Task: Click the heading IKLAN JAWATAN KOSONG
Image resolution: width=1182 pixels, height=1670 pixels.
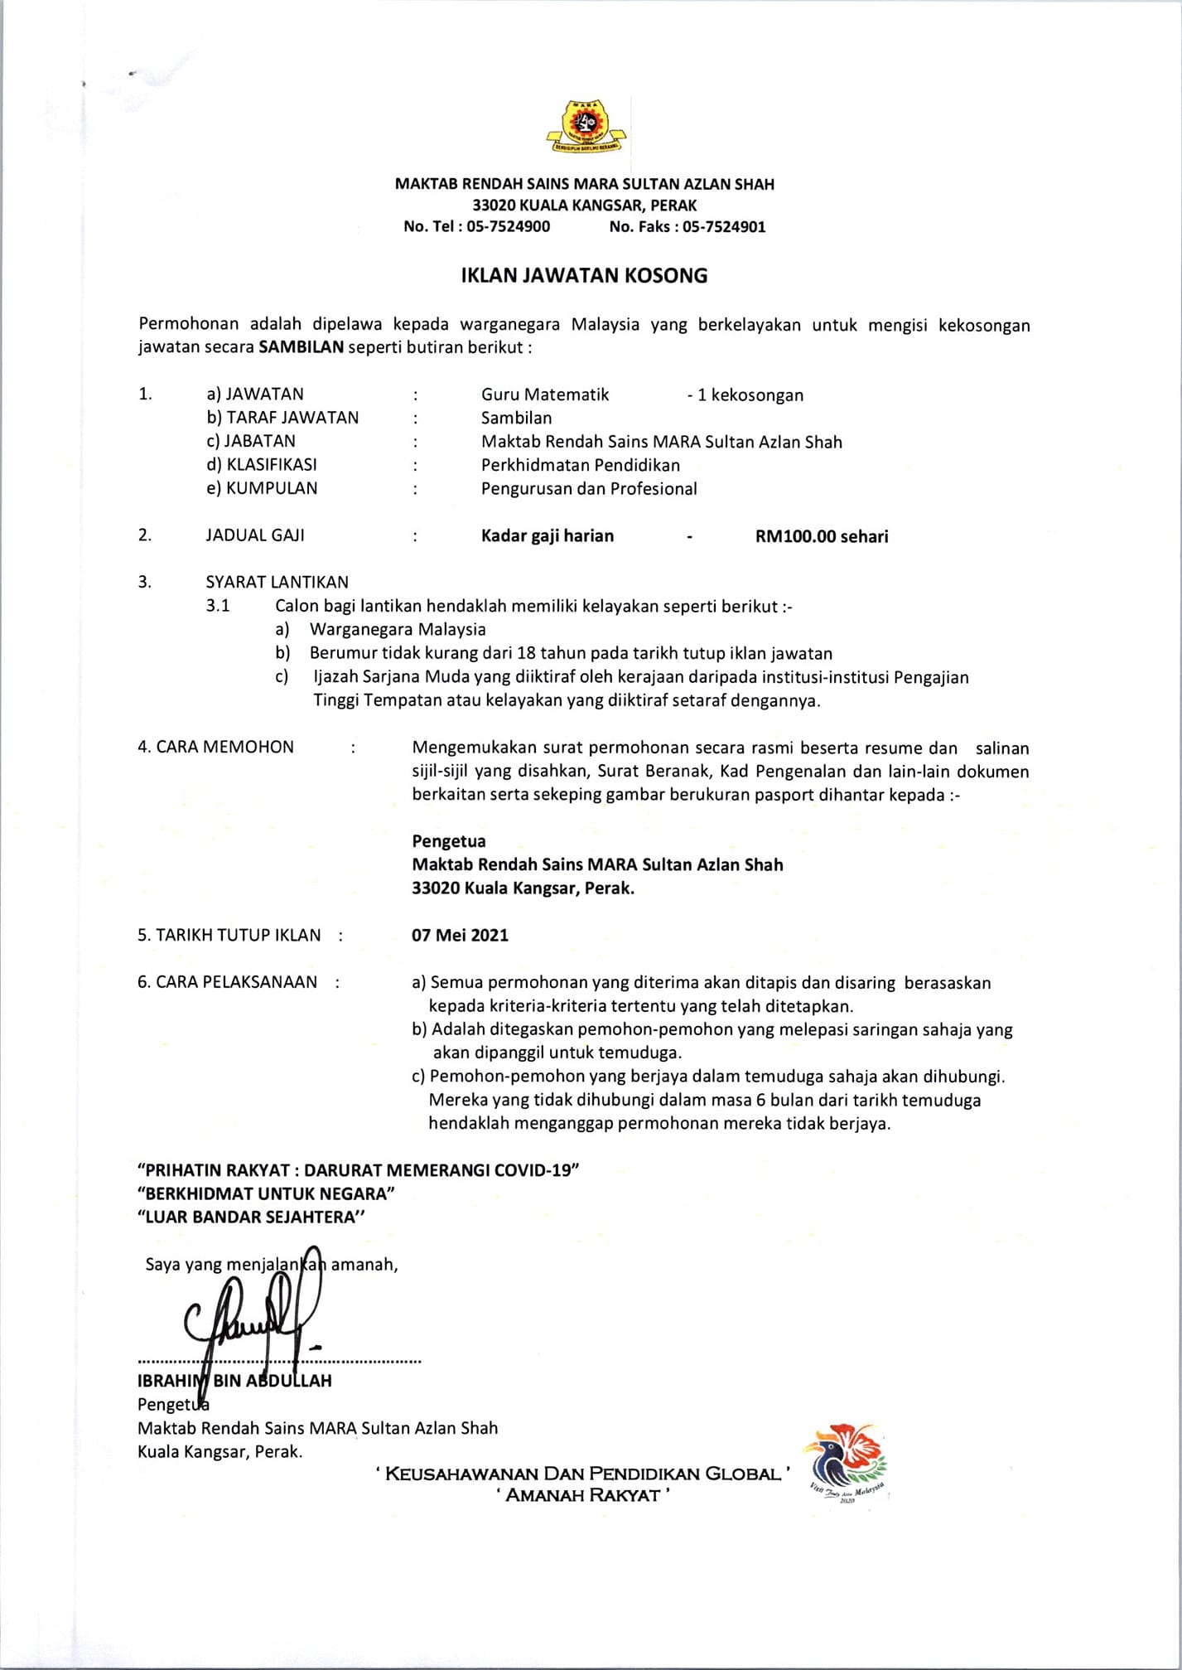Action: point(584,276)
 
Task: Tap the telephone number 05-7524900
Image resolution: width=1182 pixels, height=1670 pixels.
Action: point(508,227)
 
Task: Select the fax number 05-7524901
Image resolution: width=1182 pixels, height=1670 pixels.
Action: point(723,227)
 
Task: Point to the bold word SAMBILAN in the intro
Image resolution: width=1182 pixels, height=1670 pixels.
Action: point(301,347)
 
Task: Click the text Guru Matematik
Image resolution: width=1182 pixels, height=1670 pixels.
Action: point(545,395)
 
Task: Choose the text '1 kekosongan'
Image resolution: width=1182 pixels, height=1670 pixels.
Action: point(750,395)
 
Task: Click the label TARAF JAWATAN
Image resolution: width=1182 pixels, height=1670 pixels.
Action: point(292,418)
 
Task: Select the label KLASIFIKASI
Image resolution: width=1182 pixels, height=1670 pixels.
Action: point(271,465)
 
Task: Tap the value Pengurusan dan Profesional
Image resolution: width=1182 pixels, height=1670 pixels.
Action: point(589,489)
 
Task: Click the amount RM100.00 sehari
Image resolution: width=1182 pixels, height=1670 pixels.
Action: point(821,536)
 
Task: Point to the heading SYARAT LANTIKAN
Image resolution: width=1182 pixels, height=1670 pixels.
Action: point(277,582)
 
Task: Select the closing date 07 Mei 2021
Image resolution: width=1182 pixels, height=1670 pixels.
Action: point(460,935)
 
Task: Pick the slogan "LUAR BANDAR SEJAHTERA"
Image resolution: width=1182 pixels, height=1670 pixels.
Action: point(251,1217)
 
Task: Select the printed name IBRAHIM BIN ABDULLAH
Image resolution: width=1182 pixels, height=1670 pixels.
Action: point(234,1381)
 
